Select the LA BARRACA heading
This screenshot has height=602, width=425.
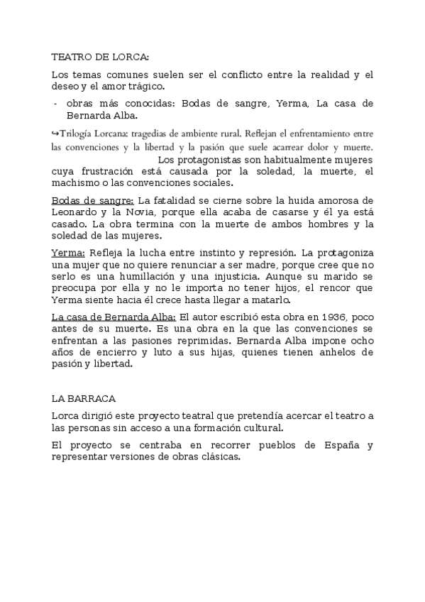84,399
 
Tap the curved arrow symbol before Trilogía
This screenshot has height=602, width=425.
55,133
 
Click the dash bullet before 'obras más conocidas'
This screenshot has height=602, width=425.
55,104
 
